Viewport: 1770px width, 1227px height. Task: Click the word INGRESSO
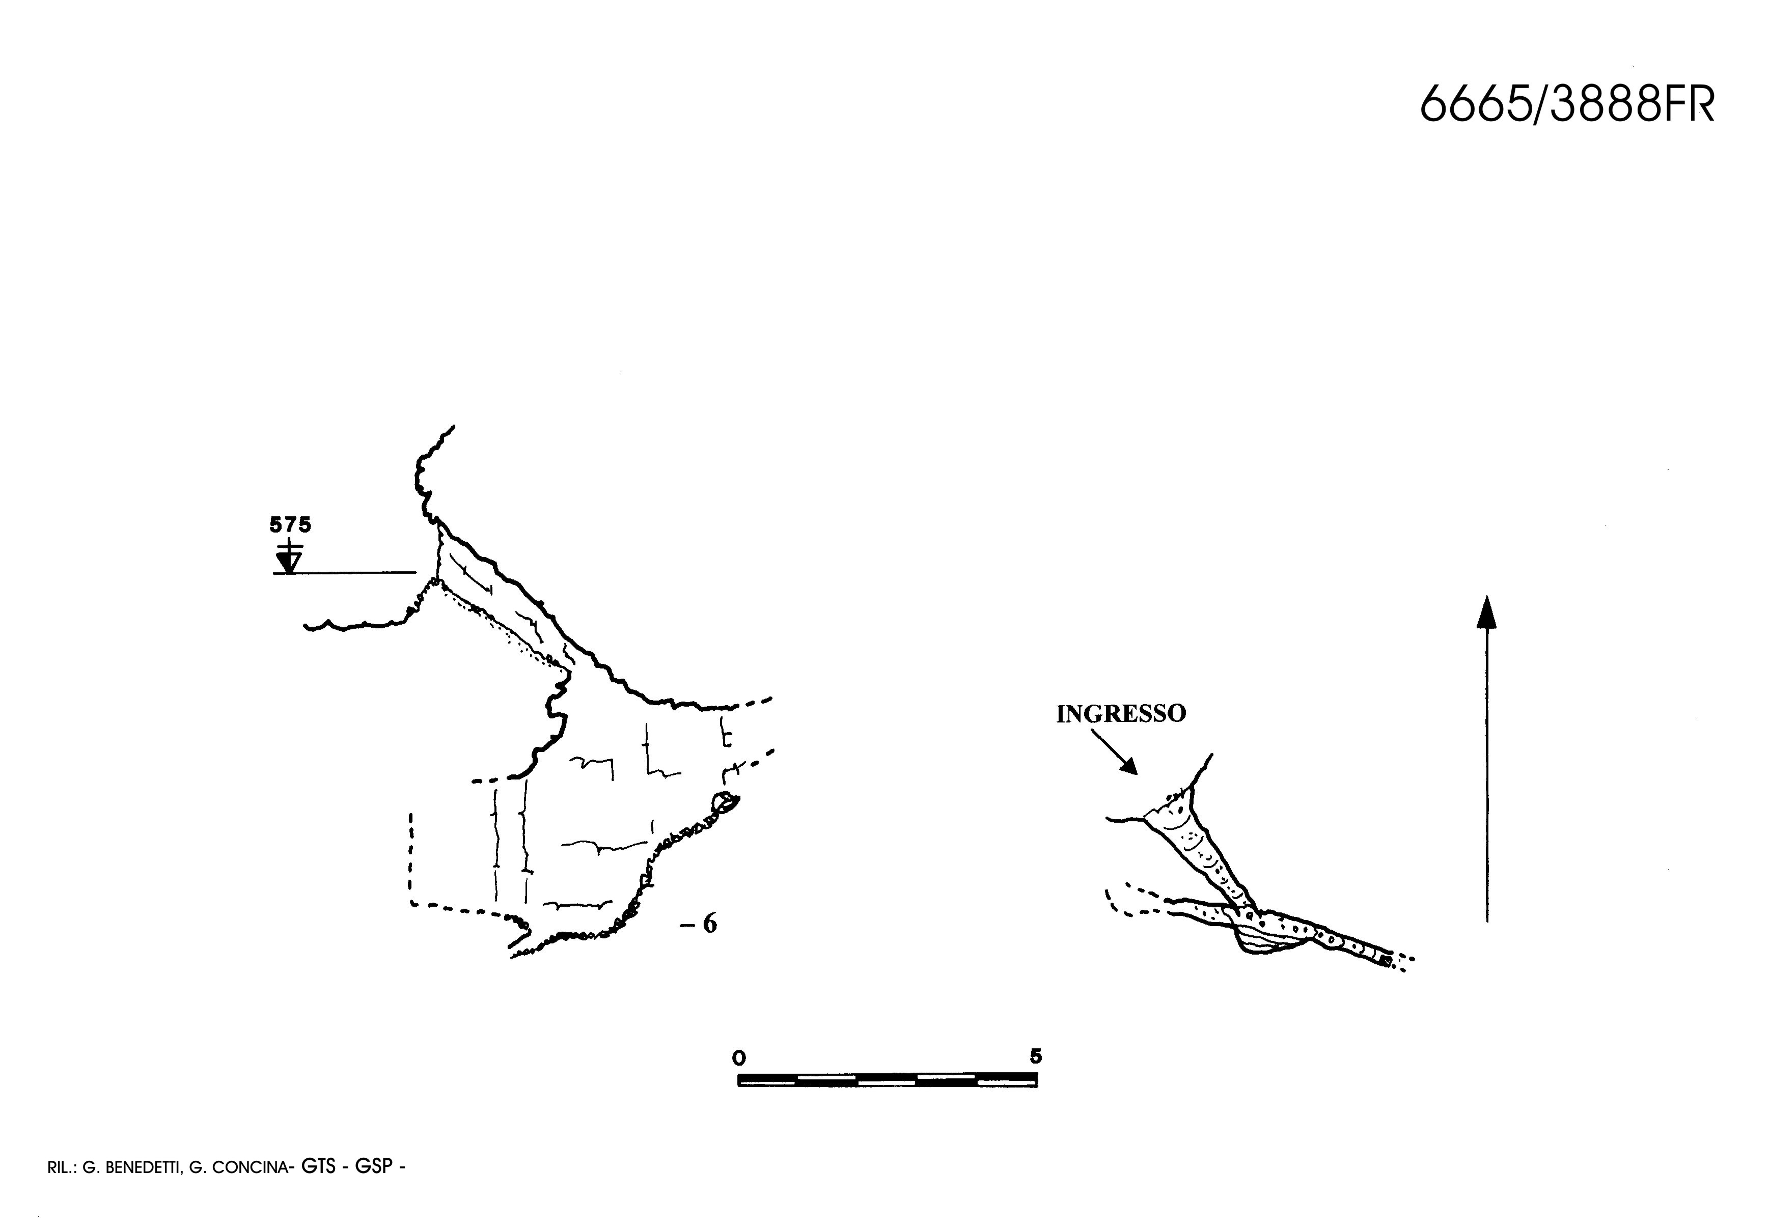1120,714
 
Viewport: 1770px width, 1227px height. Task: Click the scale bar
888,1079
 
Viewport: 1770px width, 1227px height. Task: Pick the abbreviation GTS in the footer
318,1166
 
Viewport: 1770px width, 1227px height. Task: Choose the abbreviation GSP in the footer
373,1166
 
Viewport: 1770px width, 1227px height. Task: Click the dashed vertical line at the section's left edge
411,858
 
